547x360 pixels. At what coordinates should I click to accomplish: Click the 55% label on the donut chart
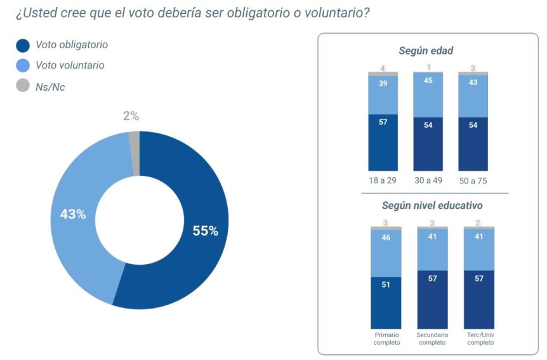tap(205, 231)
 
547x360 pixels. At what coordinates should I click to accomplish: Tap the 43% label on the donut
tap(73, 215)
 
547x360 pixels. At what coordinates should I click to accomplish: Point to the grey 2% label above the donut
tap(131, 116)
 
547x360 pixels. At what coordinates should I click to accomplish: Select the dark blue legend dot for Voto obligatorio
tap(23, 45)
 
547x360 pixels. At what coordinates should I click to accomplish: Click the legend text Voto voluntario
tap(70, 65)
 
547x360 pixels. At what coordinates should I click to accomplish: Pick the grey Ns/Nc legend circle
tap(23, 86)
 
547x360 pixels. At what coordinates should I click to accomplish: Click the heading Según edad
tap(426, 51)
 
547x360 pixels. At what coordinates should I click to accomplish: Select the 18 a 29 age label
tap(383, 181)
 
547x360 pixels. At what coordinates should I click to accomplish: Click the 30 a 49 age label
tap(428, 181)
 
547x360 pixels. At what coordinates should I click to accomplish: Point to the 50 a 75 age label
tap(473, 181)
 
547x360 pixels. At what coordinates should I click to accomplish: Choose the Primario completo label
tap(386, 338)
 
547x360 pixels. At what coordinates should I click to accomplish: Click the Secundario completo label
tap(432, 338)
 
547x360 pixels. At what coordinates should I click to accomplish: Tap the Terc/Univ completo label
tap(479, 338)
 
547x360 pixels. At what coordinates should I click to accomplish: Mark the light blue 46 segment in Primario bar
tap(386, 252)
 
